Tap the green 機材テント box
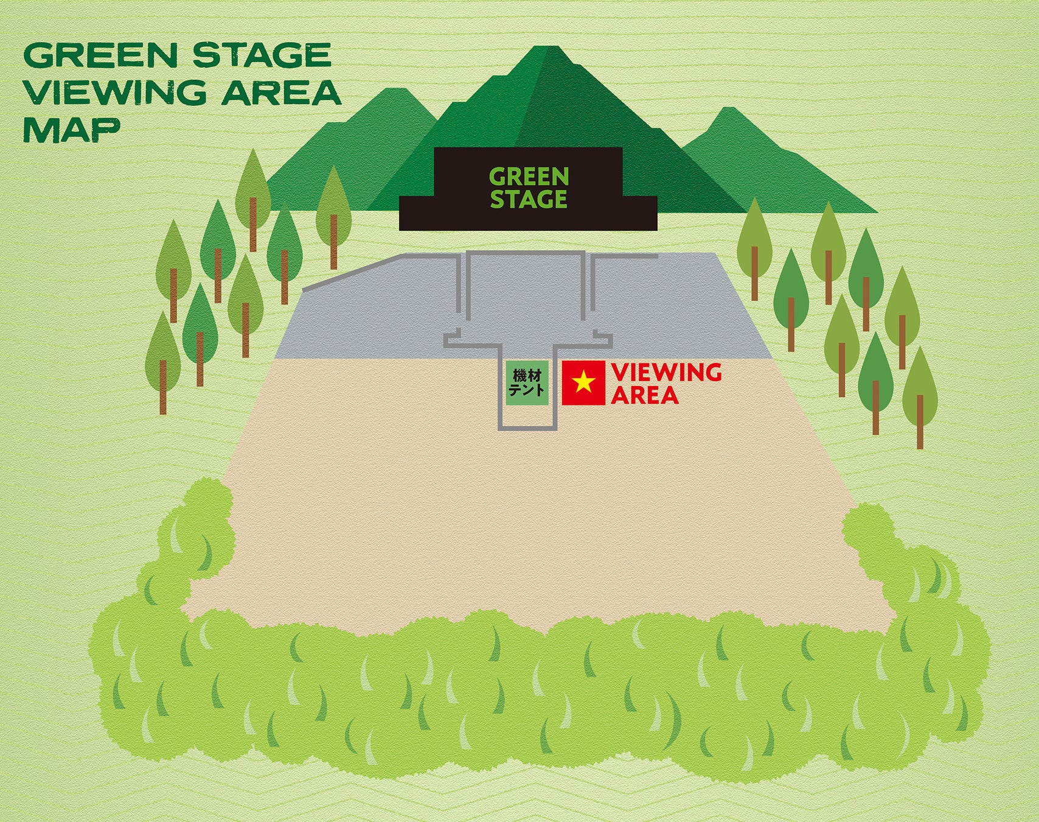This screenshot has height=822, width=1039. (x=527, y=383)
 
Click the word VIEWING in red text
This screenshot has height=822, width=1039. (x=666, y=372)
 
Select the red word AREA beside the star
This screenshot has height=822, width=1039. (x=645, y=396)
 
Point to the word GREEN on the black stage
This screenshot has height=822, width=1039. (x=529, y=177)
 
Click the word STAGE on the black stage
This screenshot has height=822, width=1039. (x=529, y=200)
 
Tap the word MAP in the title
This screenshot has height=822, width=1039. (x=71, y=130)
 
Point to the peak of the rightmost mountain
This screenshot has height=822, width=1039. (x=728, y=110)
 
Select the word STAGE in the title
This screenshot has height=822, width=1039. (x=262, y=55)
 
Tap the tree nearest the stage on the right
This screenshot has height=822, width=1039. (x=754, y=237)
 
